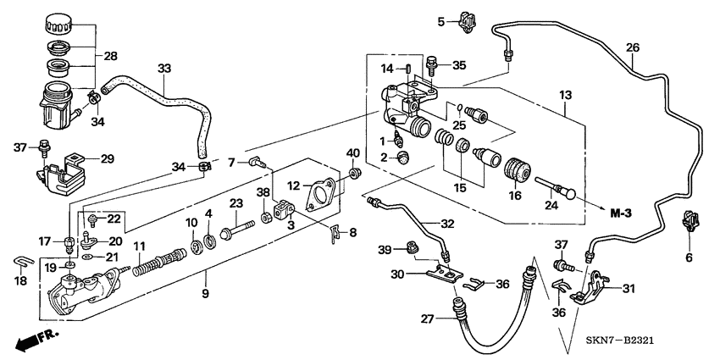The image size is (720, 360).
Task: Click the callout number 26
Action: [632, 47]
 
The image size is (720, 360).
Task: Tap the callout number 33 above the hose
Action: [164, 67]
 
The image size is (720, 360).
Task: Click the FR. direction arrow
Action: [33, 341]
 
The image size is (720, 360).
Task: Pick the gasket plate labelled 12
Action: [321, 193]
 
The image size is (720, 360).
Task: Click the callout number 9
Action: [203, 296]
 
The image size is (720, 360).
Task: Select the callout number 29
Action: [107, 159]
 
